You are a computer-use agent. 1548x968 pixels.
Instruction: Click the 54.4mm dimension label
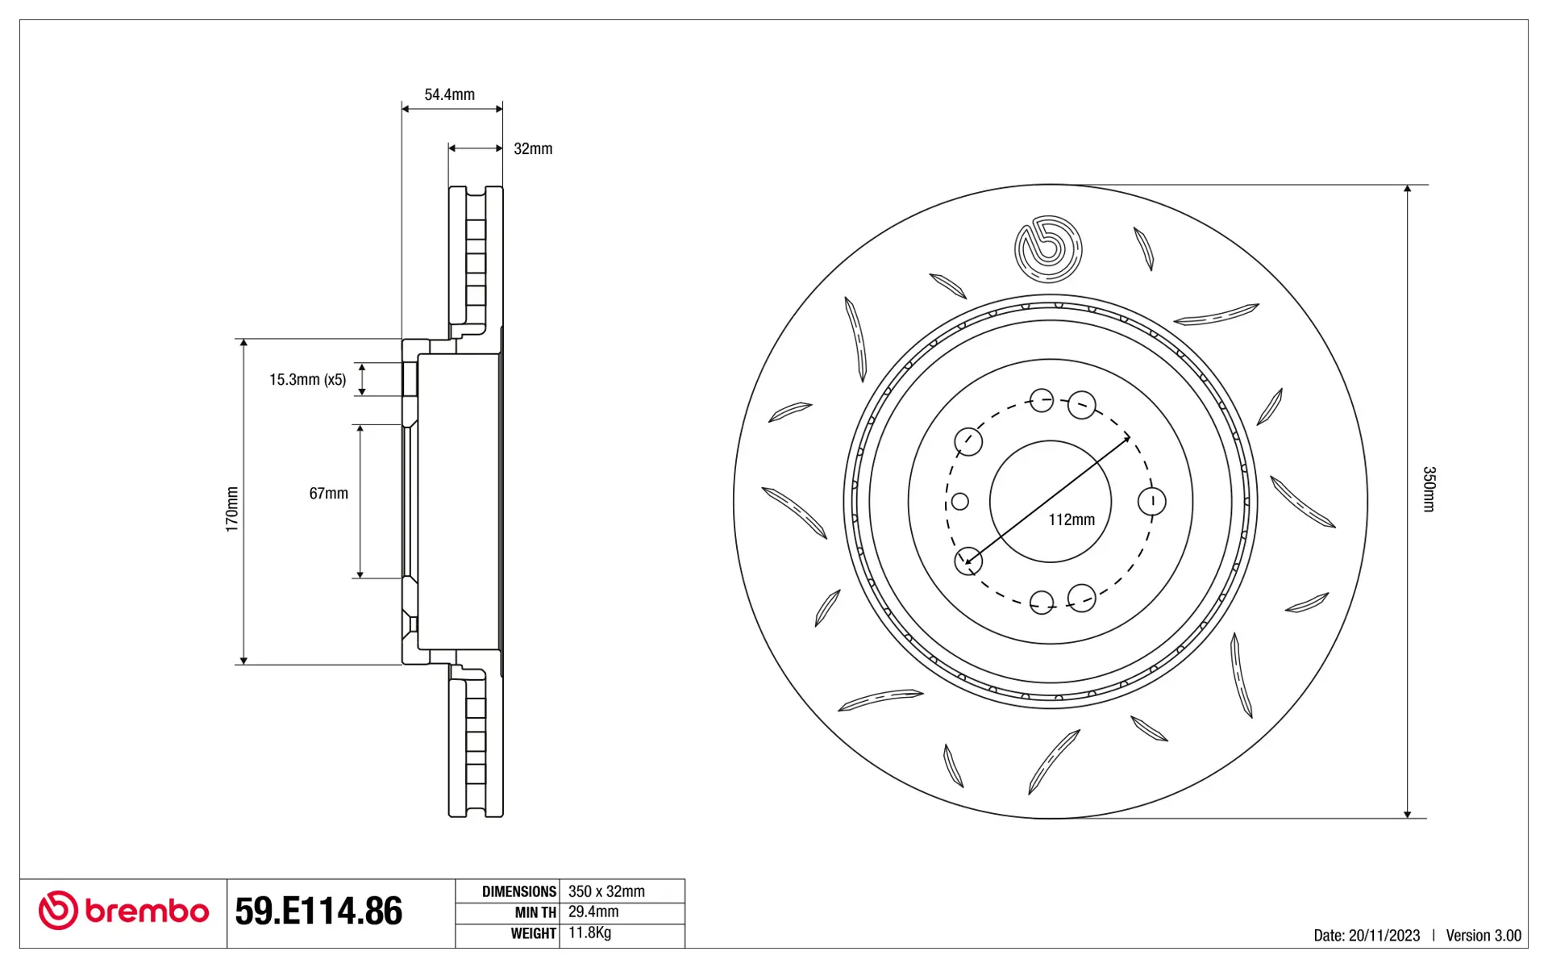point(449,94)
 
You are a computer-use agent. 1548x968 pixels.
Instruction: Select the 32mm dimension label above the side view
point(533,148)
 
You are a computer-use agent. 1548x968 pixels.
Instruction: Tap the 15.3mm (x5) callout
point(307,379)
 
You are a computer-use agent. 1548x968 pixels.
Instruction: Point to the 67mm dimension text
point(328,493)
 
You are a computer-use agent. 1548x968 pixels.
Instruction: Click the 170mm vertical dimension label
point(232,509)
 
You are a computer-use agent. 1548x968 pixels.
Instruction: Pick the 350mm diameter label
point(1429,489)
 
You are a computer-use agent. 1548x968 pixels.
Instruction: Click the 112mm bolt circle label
point(1072,519)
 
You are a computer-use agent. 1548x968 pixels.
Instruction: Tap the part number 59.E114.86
point(318,911)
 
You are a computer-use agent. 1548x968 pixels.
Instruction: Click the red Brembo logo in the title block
point(123,911)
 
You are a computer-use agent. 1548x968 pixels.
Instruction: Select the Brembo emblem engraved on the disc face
point(1048,249)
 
